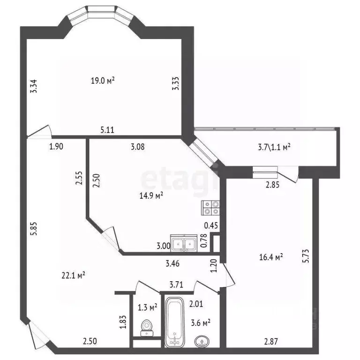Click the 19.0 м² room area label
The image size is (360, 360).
103,80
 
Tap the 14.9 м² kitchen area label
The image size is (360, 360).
152,196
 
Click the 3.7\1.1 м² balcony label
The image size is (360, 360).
274,147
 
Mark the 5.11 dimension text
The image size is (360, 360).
108,131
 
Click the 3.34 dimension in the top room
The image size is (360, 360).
33,88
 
